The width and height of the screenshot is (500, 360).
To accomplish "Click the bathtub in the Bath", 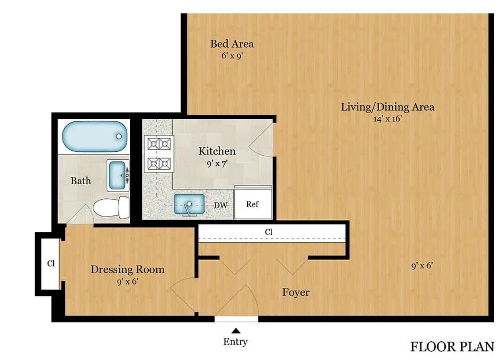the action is [x=94, y=136].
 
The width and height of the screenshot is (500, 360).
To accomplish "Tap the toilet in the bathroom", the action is [x=111, y=207].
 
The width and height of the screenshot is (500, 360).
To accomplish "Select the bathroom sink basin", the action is [x=117, y=175].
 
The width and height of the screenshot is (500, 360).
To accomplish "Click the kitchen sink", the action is [x=189, y=204].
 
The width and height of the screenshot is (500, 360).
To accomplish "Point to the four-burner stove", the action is [x=159, y=154].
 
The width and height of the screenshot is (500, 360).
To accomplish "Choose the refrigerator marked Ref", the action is [x=253, y=204].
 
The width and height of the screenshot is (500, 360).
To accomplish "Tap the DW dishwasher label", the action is [x=221, y=205].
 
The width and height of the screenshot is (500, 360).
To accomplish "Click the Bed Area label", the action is [x=232, y=44].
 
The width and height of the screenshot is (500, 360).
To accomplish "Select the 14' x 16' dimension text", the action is [x=387, y=119].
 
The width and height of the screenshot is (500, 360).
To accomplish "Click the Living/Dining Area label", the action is [x=387, y=107].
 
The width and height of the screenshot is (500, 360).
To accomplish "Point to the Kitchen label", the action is [x=217, y=151].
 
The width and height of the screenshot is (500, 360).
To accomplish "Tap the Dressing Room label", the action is [x=128, y=270].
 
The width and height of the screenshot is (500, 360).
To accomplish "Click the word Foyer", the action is [x=296, y=292].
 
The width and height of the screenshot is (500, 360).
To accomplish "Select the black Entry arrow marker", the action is [x=236, y=331].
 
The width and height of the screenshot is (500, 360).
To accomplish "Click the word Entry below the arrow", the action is [x=235, y=342].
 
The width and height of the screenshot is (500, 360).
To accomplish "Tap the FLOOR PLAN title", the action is [x=452, y=347].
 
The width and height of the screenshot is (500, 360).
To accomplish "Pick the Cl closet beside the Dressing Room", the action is [x=50, y=264].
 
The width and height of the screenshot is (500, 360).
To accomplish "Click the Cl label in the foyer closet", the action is [x=269, y=232].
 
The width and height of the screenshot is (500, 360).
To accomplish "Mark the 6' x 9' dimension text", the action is [x=232, y=56].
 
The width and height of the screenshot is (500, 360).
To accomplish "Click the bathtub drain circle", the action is [x=119, y=136].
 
